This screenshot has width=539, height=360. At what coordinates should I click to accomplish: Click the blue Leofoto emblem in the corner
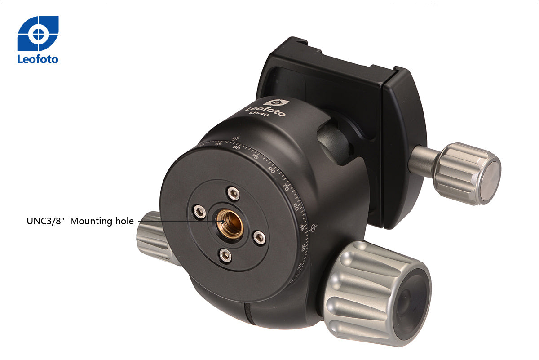tap(38, 33)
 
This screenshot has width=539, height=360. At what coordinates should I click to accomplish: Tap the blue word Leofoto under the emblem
tap(38, 59)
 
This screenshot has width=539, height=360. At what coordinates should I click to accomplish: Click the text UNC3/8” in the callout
tap(46, 221)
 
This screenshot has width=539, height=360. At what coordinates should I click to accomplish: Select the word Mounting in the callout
tap(91, 221)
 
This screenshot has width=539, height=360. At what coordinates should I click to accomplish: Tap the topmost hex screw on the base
tap(234, 194)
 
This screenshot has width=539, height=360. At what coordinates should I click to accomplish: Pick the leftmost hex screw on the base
tap(199, 212)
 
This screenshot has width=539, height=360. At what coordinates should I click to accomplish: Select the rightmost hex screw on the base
tap(260, 238)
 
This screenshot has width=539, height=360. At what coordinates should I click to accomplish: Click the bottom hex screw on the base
tap(225, 255)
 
